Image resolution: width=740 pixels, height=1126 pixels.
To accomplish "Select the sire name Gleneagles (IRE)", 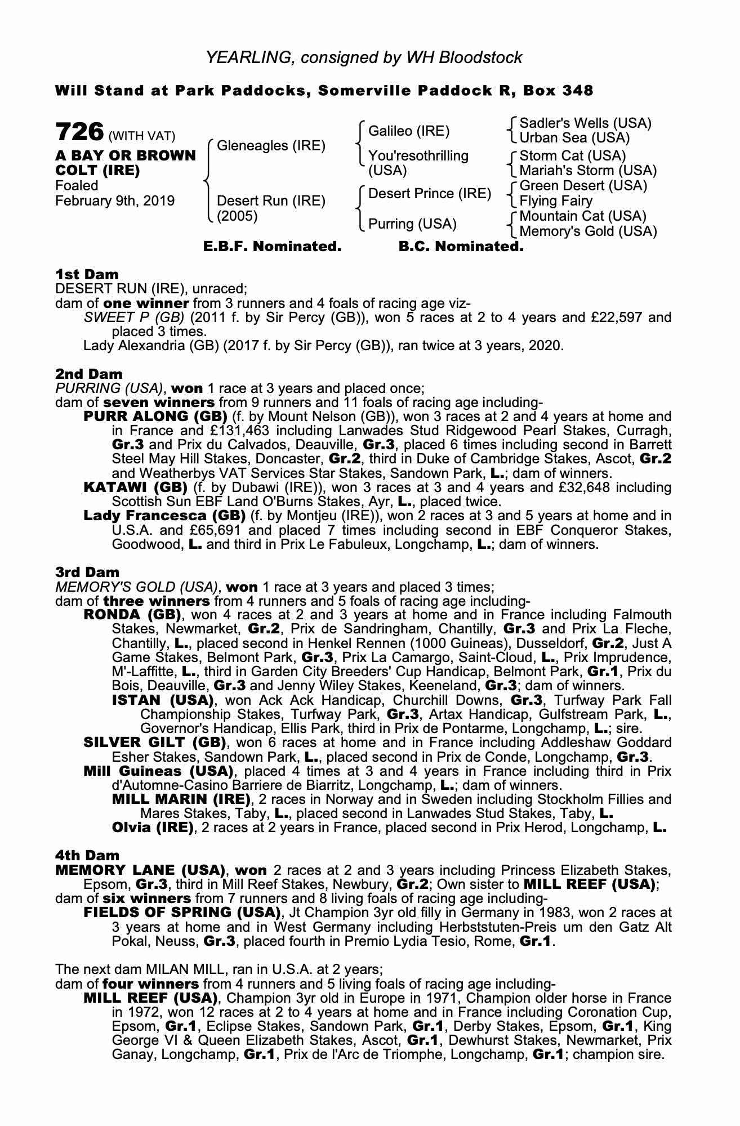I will pos(271,146).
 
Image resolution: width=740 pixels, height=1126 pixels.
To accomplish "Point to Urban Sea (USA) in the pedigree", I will pos(574,138).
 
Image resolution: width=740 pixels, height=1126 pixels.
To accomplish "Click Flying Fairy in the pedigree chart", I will pos(556,201).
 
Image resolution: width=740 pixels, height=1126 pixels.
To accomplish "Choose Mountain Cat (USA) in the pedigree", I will pos(583,216).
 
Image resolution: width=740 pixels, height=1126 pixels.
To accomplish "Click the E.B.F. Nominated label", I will pos(272,247).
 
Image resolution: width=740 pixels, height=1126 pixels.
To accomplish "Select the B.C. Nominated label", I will pos(461,247).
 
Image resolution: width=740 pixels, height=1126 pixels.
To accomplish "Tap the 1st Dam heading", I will pos(87,275).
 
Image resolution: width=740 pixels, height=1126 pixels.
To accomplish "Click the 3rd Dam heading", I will pos(87,573).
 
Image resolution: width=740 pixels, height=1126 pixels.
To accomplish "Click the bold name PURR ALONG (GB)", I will pos(155,417).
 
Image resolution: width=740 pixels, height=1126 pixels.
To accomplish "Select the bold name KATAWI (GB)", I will pos(135,487).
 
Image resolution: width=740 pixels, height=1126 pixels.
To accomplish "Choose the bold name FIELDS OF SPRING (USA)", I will pos(182,912).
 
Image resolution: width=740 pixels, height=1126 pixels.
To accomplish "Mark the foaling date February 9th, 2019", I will pos(115,201).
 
